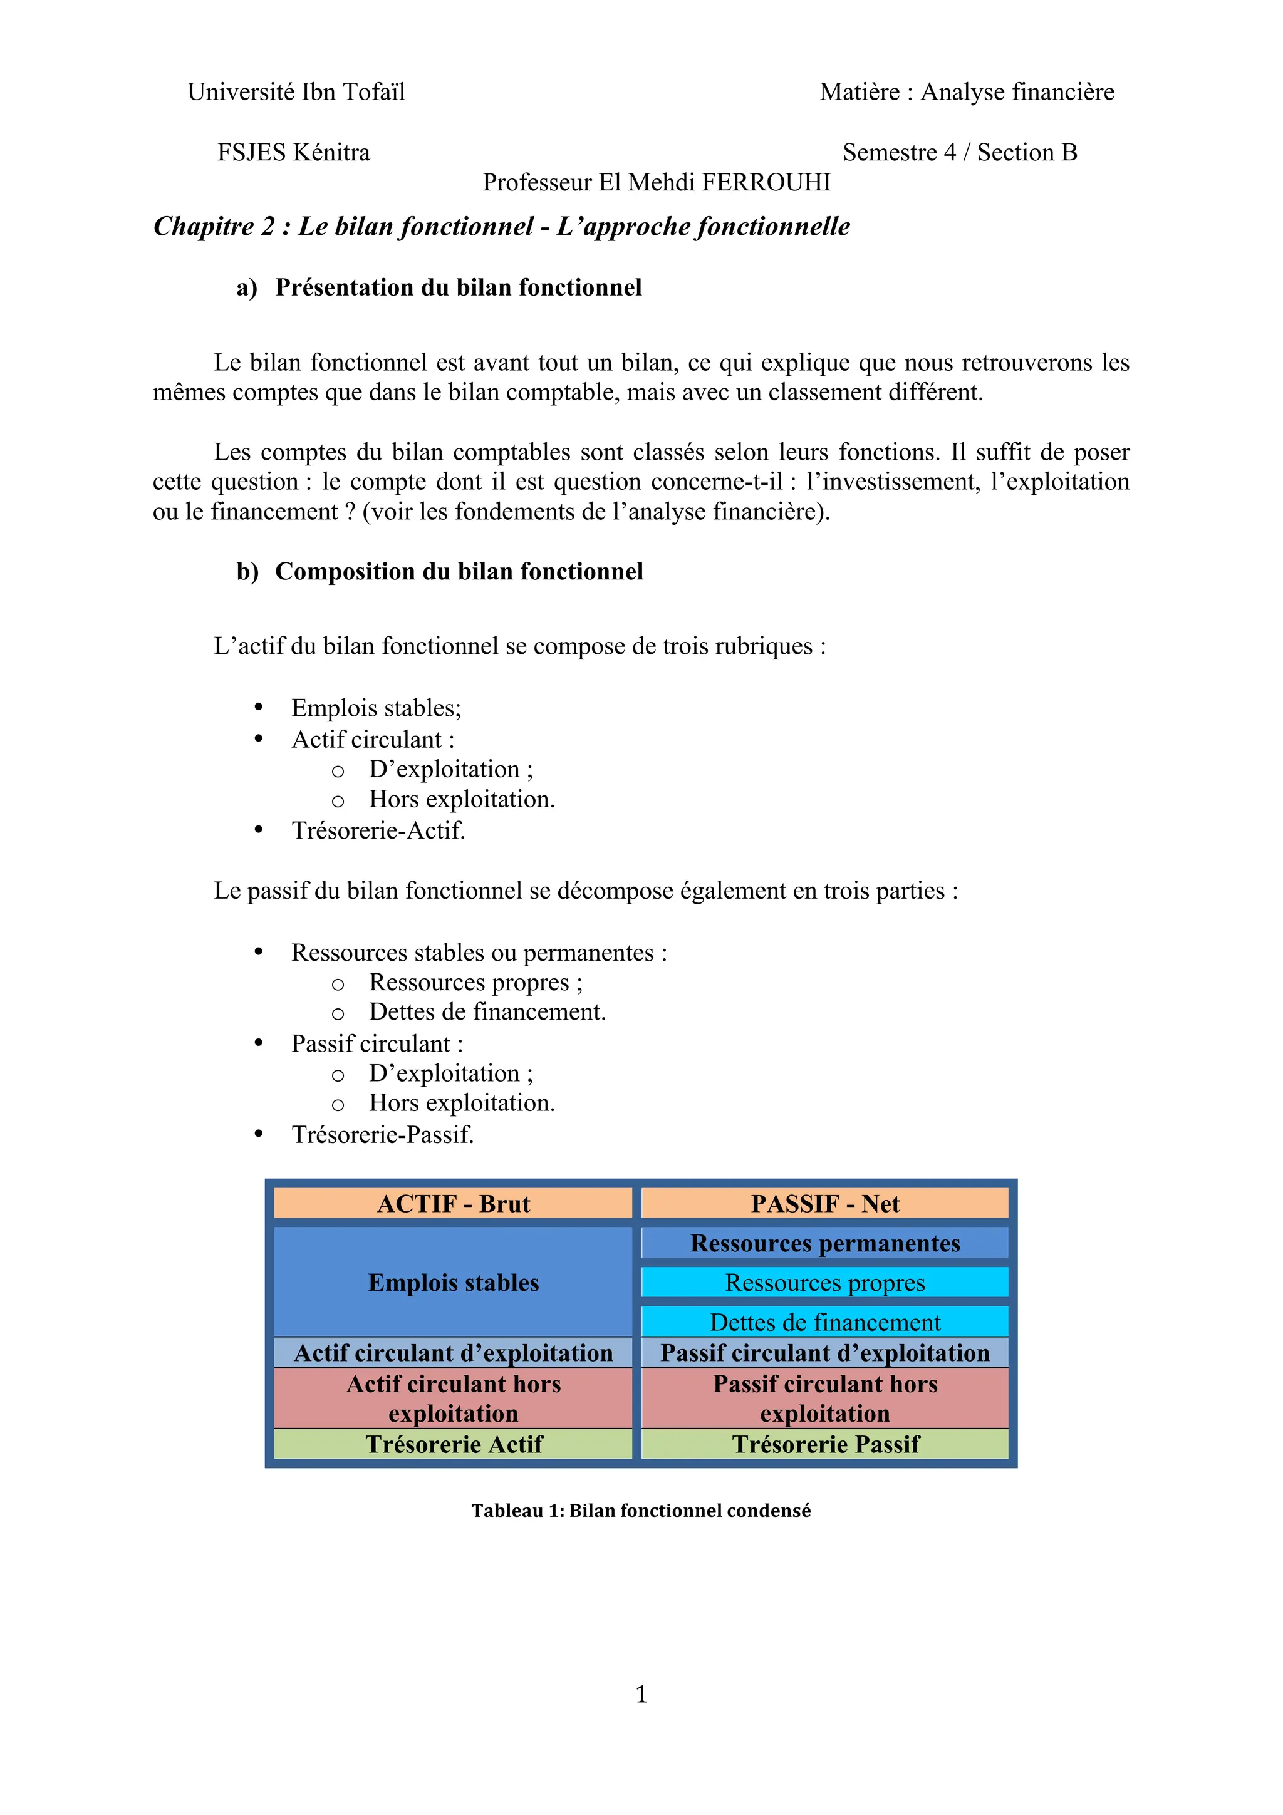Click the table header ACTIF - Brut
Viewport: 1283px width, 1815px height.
(x=453, y=1203)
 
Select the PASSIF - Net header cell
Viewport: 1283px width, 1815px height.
(x=824, y=1203)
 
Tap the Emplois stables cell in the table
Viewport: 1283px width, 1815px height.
(x=453, y=1282)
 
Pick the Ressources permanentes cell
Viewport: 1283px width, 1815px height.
(x=824, y=1243)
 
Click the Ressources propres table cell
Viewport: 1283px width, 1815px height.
(x=824, y=1282)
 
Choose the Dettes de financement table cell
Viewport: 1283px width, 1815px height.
(x=824, y=1321)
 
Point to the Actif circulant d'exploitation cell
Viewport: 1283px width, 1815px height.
(x=453, y=1353)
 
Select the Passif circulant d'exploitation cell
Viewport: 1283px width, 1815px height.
(x=824, y=1353)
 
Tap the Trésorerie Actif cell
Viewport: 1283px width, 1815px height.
(x=453, y=1444)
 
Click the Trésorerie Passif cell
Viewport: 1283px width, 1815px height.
(x=824, y=1444)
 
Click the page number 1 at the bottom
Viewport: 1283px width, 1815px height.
(x=641, y=1694)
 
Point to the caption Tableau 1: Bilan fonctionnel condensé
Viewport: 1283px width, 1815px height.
(x=641, y=1511)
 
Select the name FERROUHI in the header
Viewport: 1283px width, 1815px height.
(x=766, y=183)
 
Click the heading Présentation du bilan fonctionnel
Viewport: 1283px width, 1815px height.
(x=458, y=287)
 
